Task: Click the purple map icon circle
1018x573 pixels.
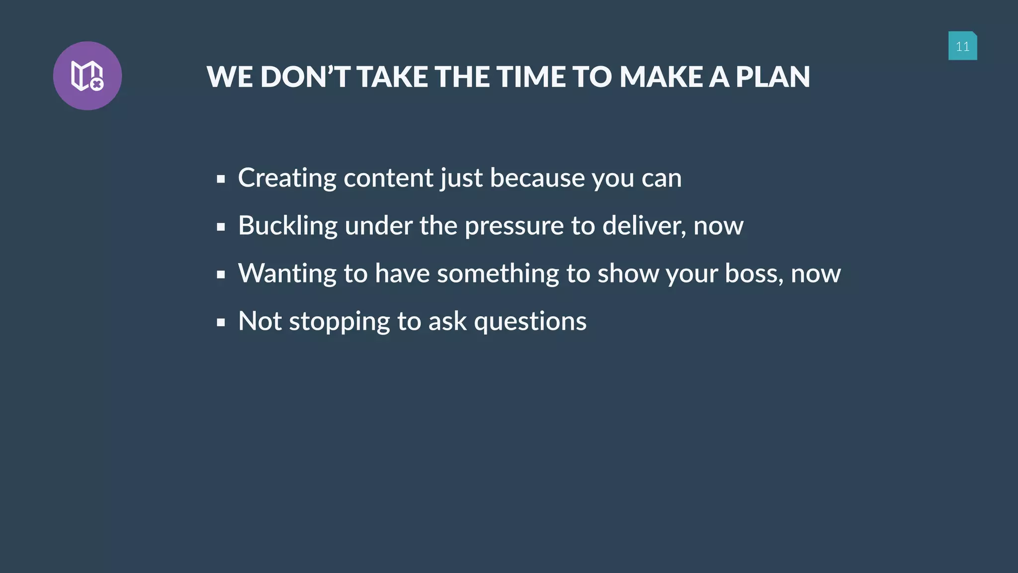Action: tap(87, 76)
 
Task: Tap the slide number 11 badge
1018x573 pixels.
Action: tap(962, 46)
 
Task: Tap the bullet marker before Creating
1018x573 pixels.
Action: tap(221, 179)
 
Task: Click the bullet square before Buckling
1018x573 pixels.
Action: tap(221, 227)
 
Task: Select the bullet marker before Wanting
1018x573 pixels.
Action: tap(221, 275)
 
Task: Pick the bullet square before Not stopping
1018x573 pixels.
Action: tap(221, 322)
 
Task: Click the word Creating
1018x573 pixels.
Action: tap(287, 178)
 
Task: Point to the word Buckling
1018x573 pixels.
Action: tap(288, 226)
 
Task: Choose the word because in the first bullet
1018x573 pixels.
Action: tap(537, 178)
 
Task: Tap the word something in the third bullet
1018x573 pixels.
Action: tap(498, 274)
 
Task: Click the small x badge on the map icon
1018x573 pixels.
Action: tap(97, 85)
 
